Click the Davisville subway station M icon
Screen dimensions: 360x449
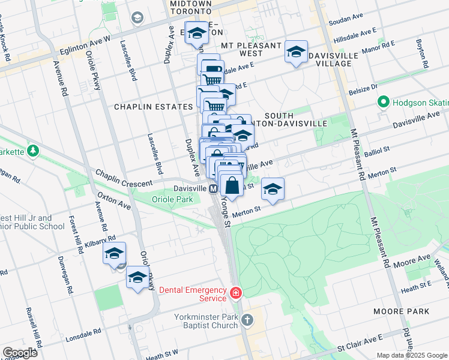click(x=213, y=188)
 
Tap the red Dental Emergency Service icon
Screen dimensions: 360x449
click(x=237, y=293)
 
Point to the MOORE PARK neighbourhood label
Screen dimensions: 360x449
click(x=401, y=311)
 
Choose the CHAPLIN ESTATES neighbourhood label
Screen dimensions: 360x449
click(x=154, y=106)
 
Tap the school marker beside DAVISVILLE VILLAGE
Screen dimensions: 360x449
click(x=296, y=52)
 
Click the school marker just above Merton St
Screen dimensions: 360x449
click(x=273, y=189)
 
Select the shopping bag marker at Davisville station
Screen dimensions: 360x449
click(x=232, y=184)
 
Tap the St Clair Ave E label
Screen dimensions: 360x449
click(x=358, y=347)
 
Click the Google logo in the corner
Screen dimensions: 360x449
click(x=19, y=353)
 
